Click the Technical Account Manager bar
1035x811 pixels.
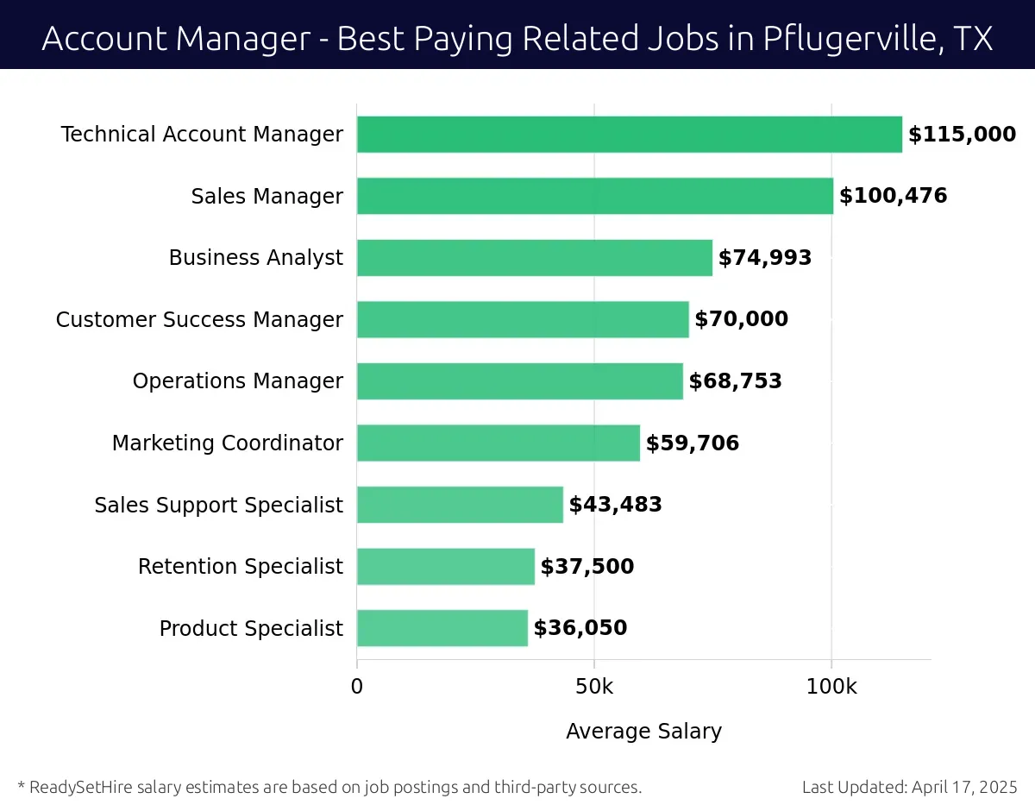(x=629, y=135)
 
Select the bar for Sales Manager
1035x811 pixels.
(x=594, y=196)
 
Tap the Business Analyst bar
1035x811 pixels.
(x=534, y=258)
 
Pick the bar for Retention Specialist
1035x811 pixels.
(x=445, y=567)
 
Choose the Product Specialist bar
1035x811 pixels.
(x=442, y=628)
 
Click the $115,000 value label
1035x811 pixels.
(x=962, y=135)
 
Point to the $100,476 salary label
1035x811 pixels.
(x=893, y=196)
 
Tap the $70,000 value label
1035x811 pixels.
(x=741, y=319)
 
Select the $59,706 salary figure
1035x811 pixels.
(x=692, y=443)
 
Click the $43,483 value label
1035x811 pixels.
(x=615, y=505)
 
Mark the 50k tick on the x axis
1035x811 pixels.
(x=594, y=687)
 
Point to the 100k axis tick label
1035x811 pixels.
(x=831, y=687)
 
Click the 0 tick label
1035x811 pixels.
(x=357, y=687)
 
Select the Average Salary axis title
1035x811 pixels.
(x=643, y=732)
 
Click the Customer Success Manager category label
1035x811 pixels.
(x=199, y=320)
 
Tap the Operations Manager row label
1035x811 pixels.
(x=237, y=381)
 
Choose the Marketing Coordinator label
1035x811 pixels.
(x=227, y=443)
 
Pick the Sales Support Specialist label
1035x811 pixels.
(x=218, y=505)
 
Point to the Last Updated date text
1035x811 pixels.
(x=909, y=787)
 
